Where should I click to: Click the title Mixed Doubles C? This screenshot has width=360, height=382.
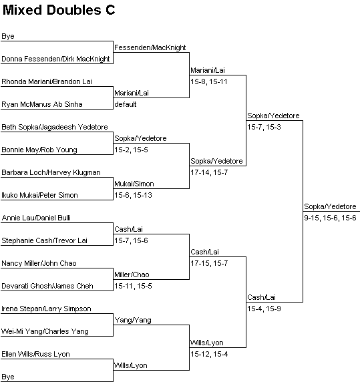pos(59,10)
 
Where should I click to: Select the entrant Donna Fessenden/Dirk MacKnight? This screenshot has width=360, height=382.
pos(55,59)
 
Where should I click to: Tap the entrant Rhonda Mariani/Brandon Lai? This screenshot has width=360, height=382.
pos(47,81)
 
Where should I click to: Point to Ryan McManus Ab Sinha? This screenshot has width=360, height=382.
pos(42,104)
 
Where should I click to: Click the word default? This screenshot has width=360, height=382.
pos(125,104)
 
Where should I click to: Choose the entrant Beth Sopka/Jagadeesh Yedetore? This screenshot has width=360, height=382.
pos(55,127)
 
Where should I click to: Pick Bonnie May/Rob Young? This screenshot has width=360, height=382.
pos(39,150)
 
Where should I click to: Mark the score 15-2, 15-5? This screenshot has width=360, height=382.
pos(131,150)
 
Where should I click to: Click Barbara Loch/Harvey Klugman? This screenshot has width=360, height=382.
pos(51,172)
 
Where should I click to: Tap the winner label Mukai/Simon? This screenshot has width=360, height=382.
pos(134,184)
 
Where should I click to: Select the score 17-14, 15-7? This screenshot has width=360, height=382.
pos(209,172)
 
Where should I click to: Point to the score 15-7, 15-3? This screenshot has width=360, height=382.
pos(264,127)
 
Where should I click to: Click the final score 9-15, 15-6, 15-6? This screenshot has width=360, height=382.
pos(330,218)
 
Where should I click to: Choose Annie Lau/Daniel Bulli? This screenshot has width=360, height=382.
pos(36,218)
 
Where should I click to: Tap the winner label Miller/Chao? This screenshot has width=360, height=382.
pos(132,274)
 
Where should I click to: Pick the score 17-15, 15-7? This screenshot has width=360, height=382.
pos(209,263)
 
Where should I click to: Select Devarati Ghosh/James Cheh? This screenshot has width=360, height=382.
pos(47,286)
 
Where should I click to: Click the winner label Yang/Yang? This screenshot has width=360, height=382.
pos(133,320)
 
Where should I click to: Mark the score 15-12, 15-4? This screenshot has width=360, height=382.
pos(209,354)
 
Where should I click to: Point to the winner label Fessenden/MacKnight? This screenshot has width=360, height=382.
pos(150,48)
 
